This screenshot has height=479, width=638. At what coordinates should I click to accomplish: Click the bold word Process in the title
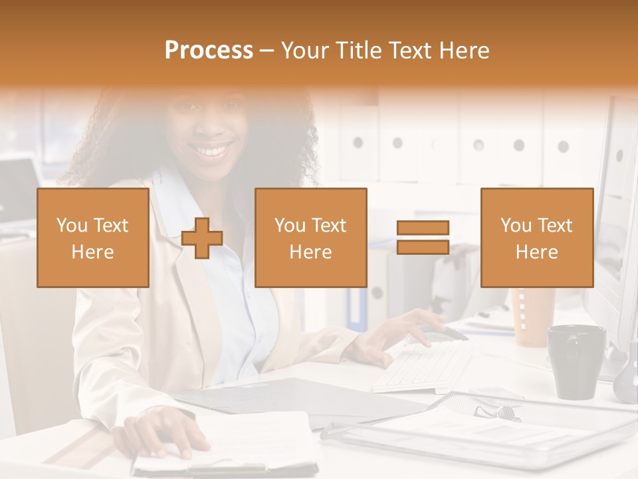coord(209,51)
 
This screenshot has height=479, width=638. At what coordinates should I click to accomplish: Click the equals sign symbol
coord(423,238)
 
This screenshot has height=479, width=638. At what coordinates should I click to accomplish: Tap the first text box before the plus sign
coord(92,238)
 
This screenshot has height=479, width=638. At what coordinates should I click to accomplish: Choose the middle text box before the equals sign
coord(310,238)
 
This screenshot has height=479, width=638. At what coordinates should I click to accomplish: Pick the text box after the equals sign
coord(536,238)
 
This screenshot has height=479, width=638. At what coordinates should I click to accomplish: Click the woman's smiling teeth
coord(212,152)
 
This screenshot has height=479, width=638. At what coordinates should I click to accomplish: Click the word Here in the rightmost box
coord(536,252)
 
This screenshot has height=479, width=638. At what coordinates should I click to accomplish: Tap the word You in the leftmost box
coord(71,225)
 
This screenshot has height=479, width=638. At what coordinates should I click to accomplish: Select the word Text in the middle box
coord(330,225)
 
